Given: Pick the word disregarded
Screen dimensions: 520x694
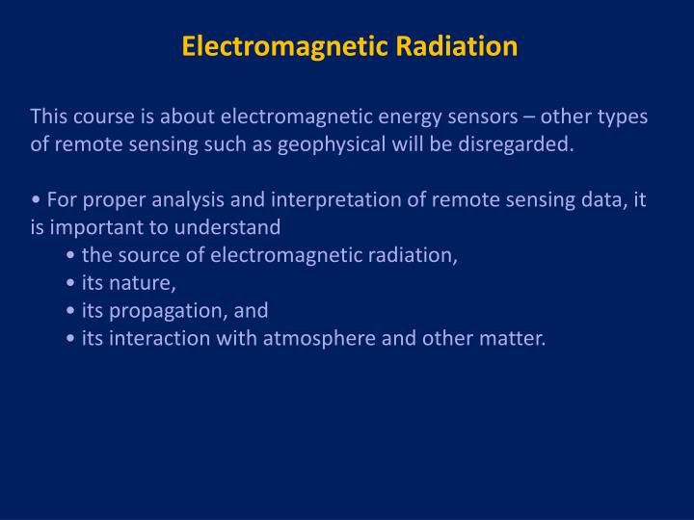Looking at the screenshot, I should pos(520,144).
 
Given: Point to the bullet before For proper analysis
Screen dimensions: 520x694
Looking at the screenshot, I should pos(35,201).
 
